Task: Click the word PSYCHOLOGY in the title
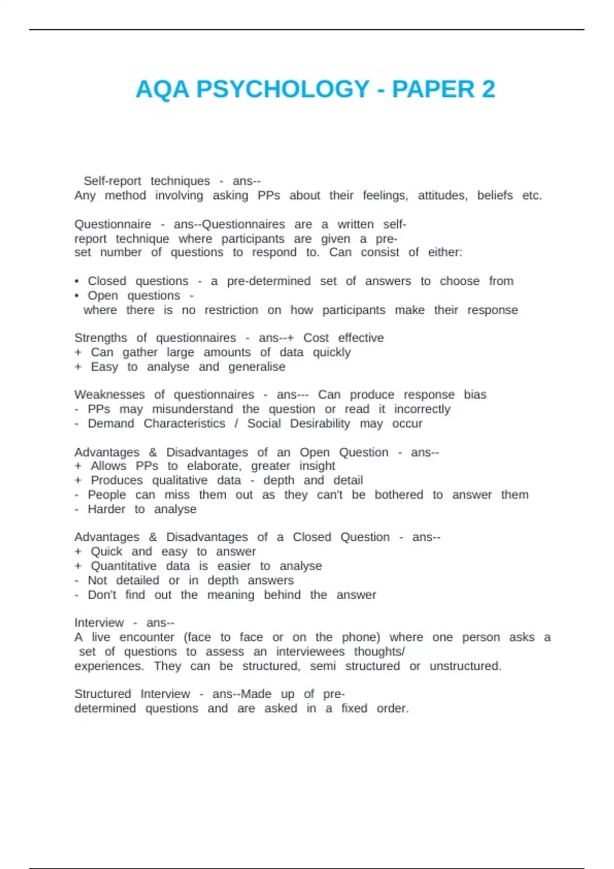pyautogui.click(x=283, y=89)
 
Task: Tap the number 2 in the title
pyautogui.click(x=488, y=89)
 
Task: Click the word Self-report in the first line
pyautogui.click(x=112, y=181)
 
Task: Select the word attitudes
pyautogui.click(x=443, y=195)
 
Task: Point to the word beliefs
pyautogui.click(x=495, y=195)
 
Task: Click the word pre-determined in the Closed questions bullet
pyautogui.click(x=269, y=281)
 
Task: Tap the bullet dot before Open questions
pyautogui.click(x=77, y=295)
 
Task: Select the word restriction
pyautogui.click(x=231, y=310)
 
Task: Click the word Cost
pyautogui.click(x=316, y=338)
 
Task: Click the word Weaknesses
pyautogui.click(x=109, y=395)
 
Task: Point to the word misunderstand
pyautogui.click(x=192, y=409)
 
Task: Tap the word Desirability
pyautogui.click(x=320, y=423)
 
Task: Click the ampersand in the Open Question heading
pyautogui.click(x=153, y=452)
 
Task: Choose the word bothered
pyautogui.click(x=399, y=495)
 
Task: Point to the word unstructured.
pyautogui.click(x=465, y=666)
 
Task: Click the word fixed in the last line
pyautogui.click(x=354, y=708)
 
